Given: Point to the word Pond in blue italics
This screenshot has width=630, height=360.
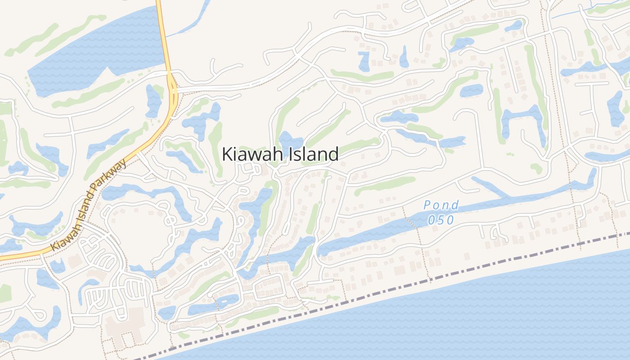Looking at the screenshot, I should click(441, 206).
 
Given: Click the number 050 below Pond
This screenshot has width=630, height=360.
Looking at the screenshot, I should click(441, 220).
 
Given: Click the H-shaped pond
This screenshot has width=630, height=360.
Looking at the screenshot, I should click(522, 119).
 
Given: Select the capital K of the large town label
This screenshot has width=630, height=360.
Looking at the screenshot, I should click(228, 154).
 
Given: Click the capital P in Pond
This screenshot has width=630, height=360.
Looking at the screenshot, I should click(427, 206).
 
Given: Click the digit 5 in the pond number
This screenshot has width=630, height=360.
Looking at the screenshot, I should click(441, 220).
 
